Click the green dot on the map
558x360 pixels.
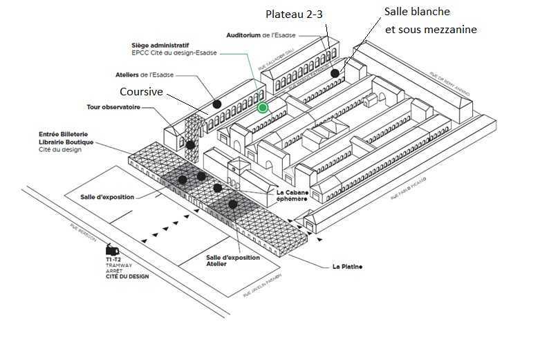tap(263, 107)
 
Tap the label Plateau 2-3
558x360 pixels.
tap(294, 15)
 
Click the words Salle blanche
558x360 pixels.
tap(417, 12)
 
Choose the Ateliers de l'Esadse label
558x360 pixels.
tap(145, 75)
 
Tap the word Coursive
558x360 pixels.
tap(141, 92)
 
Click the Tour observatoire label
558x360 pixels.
tap(114, 107)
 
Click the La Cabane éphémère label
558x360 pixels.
tap(291, 195)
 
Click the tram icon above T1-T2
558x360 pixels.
tap(112, 249)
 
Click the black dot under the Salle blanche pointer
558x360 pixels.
tap(335, 73)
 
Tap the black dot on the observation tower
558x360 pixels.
tap(189, 144)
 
